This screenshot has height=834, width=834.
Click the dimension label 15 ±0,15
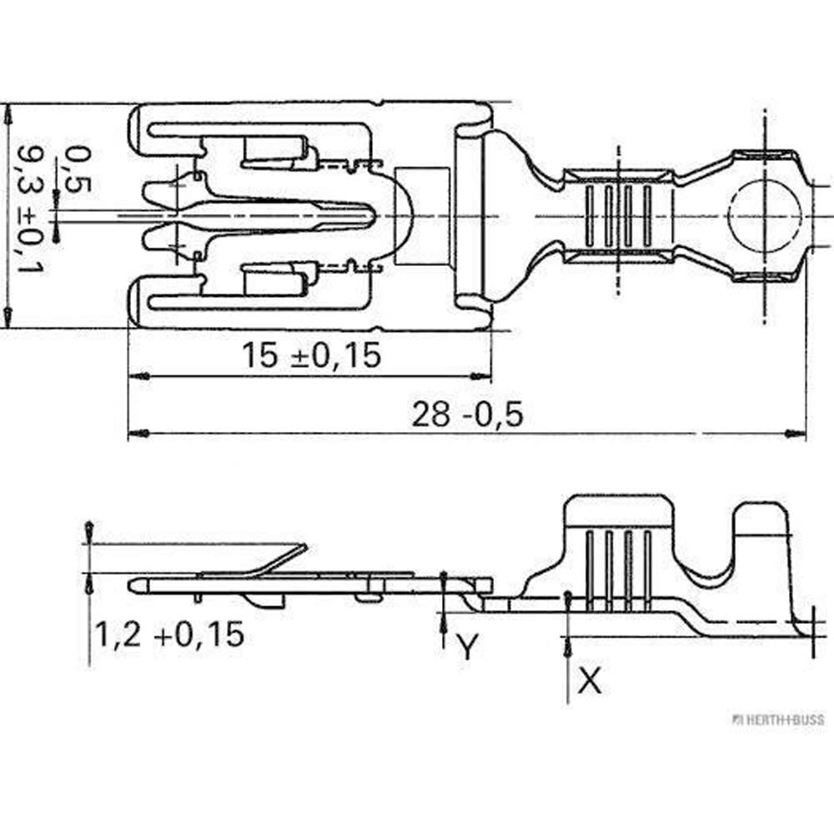tap(312, 356)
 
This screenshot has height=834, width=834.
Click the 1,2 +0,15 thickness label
tap(168, 635)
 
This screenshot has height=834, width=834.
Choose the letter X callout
tap(590, 682)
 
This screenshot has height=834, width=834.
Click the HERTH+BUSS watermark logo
tap(776, 719)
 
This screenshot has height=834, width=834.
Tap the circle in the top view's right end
tap(766, 216)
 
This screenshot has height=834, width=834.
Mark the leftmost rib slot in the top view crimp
tap(592, 216)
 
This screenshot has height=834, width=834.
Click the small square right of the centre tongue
tap(423, 215)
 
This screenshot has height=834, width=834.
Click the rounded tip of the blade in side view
tap(133, 585)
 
